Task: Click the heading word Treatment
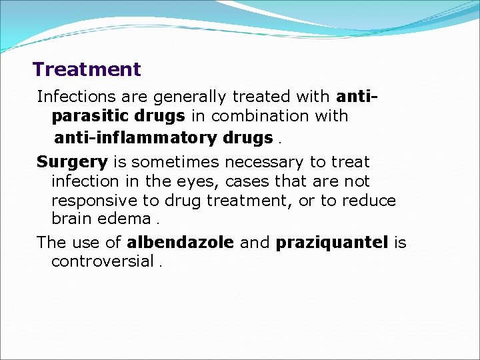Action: [87, 69]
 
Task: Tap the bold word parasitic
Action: [85, 116]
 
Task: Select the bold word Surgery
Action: [72, 162]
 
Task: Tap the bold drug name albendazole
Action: [180, 243]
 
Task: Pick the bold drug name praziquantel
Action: [331, 243]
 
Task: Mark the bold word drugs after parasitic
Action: [163, 116]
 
